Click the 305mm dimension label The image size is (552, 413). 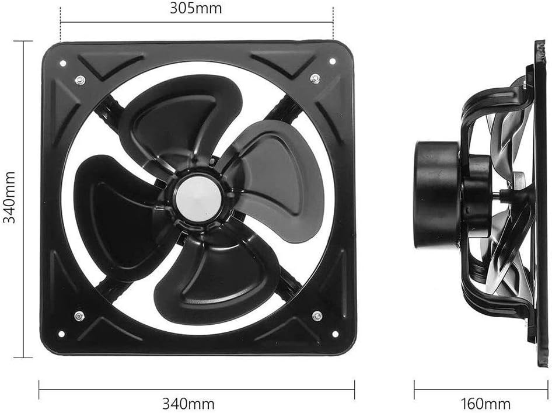195,9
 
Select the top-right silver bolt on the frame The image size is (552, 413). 315,77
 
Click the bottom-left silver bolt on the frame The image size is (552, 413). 79,316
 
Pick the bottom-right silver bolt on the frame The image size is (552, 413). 317,316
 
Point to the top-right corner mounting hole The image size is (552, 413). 333,61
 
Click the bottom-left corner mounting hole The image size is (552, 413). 61,335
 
